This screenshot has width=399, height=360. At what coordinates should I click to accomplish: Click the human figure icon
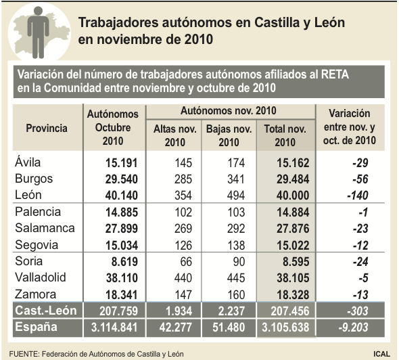coord(38,32)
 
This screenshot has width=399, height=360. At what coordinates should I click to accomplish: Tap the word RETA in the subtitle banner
coord(335,74)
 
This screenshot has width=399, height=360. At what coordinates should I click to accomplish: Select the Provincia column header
coord(47,128)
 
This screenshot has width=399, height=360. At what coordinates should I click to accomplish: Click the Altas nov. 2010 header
coord(175,136)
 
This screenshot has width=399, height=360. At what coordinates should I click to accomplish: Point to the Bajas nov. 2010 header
coord(229,136)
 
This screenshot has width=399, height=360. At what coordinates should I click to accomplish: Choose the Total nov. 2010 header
coord(285,136)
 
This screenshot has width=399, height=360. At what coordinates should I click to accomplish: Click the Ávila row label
coord(28,162)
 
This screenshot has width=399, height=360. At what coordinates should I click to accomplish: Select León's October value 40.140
coord(122,196)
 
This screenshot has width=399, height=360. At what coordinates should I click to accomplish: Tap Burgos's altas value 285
coord(183,179)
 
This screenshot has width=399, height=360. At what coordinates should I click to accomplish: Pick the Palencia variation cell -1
coord(363,212)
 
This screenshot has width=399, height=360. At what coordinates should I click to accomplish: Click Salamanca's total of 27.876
coord(293,229)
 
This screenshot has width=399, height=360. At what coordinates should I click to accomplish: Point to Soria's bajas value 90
coord(239,262)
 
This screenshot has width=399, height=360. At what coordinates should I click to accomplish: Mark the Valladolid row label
coord(41,277)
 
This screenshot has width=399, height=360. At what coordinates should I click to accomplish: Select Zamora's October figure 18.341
coord(122,295)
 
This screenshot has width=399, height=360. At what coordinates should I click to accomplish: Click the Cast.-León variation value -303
coord(358,311)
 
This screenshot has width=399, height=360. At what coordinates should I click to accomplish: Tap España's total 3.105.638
coord(285,328)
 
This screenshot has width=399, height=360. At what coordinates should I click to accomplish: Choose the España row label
coord(36,327)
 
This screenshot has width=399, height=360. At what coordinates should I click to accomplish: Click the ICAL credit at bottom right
coord(381,354)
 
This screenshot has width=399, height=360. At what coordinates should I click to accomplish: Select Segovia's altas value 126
coord(183,246)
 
